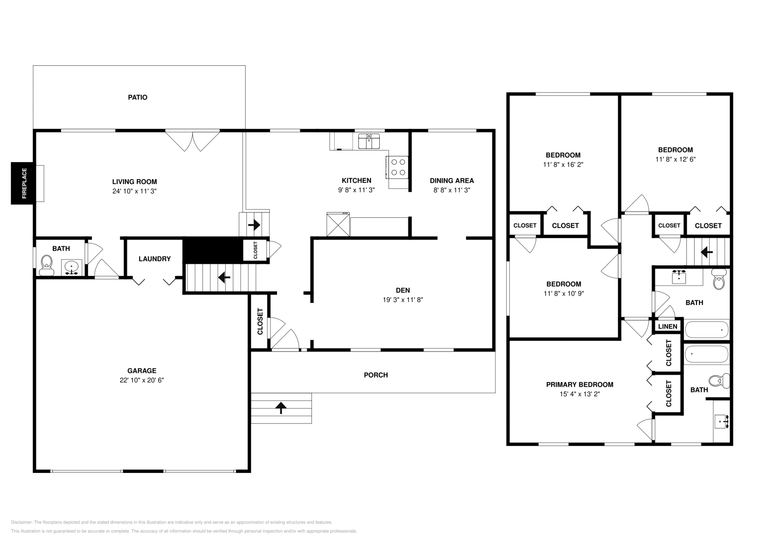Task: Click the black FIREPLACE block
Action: pos(23,183)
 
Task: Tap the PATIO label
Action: pos(138,97)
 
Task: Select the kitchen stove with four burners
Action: pos(397,167)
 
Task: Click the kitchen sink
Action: pos(369,141)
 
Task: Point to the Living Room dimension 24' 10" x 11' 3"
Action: pos(135,191)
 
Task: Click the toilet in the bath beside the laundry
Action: pos(46,265)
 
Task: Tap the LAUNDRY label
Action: pos(155,259)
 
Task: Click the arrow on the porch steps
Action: pos(281,408)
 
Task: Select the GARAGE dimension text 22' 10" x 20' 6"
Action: pos(142,381)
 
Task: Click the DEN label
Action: pos(403,290)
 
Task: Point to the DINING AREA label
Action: pos(452,181)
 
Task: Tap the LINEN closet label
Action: pos(668,326)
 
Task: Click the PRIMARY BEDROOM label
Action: pos(580,384)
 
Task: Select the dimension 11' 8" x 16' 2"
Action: pos(563,165)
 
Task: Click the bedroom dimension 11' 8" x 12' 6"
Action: pos(675,159)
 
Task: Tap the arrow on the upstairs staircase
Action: pos(707,252)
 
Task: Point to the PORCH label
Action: pos(376,375)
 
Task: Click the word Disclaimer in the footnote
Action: pos(21,522)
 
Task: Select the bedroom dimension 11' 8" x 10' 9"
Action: pos(564,293)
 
